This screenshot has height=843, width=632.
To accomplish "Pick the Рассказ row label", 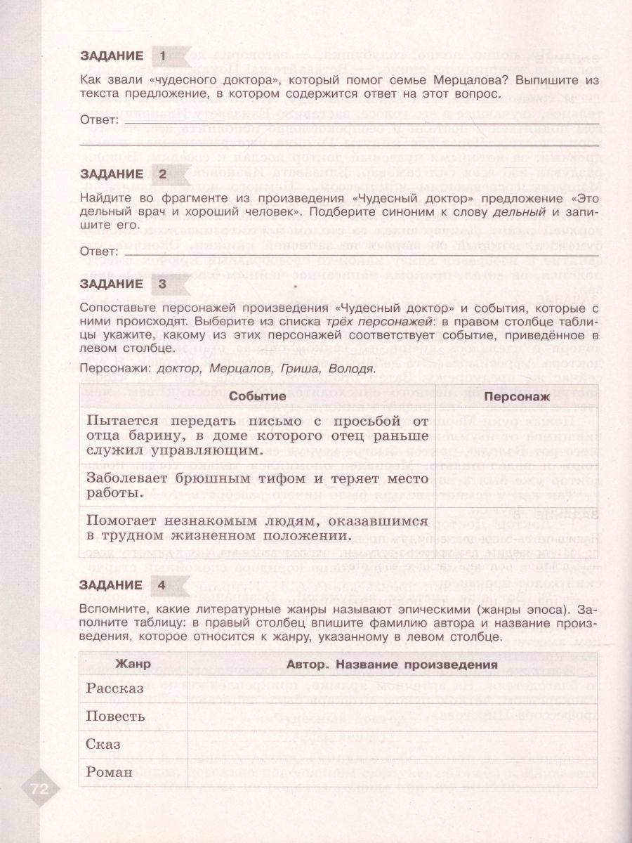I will tap(114, 689).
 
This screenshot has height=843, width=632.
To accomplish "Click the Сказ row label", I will tap(103, 744).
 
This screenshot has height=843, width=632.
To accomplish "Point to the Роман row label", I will tap(109, 772).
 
